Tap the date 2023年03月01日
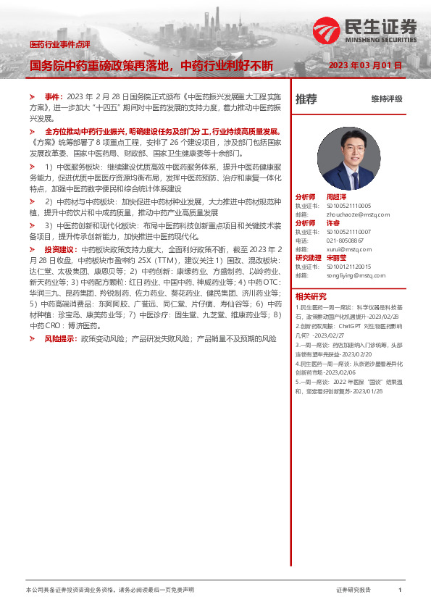pyautogui.click(x=365, y=65)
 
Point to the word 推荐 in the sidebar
pyautogui.click(x=306, y=99)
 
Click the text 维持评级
pyautogui.click(x=386, y=99)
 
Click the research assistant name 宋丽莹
pyautogui.click(x=338, y=257)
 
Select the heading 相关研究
pyautogui.click(x=311, y=296)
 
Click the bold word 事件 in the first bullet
pyautogui.click(x=53, y=96)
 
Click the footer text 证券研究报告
pyautogui.click(x=353, y=590)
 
